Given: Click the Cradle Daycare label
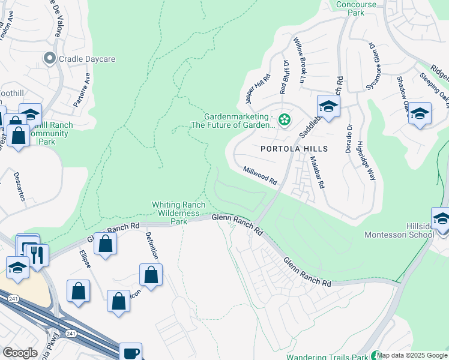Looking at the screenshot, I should pyautogui.click(x=87, y=59).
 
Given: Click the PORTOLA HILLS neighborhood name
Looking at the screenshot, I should pyautogui.click(x=294, y=148).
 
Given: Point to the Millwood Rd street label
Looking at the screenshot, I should pyautogui.click(x=260, y=176).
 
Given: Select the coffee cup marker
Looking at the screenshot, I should pyautogui.click(x=130, y=352).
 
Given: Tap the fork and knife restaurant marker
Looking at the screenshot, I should pyautogui.click(x=38, y=254).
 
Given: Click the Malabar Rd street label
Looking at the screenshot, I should pyautogui.click(x=317, y=173).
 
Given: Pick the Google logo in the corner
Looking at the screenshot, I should pyautogui.click(x=20, y=352).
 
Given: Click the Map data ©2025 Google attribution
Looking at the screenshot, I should pyautogui.click(x=412, y=355).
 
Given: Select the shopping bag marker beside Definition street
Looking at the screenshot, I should pyautogui.click(x=151, y=275).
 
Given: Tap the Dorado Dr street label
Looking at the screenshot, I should pyautogui.click(x=348, y=138).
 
